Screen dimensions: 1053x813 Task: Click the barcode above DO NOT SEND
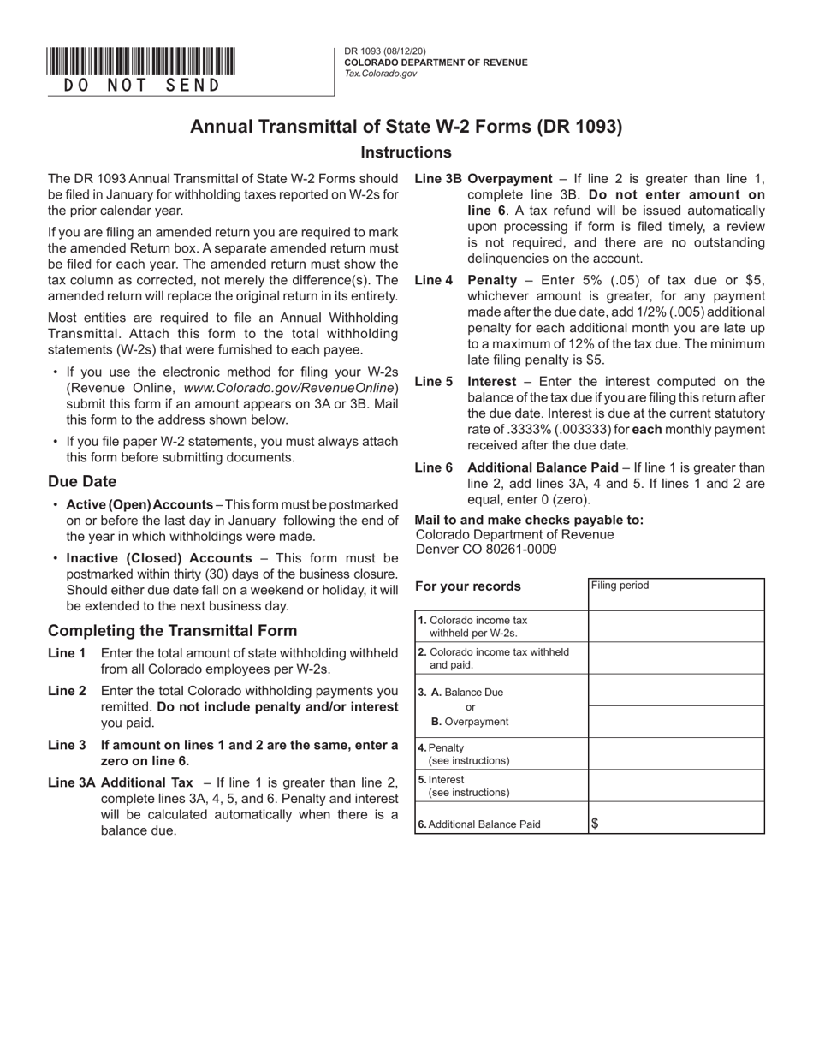(x=141, y=62)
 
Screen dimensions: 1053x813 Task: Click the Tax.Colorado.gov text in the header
(x=381, y=74)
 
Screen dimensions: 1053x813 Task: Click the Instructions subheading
(x=406, y=152)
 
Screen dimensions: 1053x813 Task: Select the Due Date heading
(x=82, y=481)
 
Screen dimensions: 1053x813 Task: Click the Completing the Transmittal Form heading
(x=173, y=630)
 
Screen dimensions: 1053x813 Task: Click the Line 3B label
(x=438, y=179)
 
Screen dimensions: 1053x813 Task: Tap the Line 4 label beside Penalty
(x=434, y=280)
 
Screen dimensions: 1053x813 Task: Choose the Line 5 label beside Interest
(x=434, y=382)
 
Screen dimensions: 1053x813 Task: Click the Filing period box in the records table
(x=676, y=594)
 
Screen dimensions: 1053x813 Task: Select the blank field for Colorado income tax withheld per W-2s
(x=676, y=626)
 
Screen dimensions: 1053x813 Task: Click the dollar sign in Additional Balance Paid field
(x=596, y=824)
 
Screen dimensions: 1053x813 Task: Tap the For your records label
(x=468, y=586)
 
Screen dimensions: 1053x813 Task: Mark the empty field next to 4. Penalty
(x=676, y=753)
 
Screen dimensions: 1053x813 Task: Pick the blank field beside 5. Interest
(x=676, y=785)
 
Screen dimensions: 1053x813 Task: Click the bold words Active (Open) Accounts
(x=139, y=504)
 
